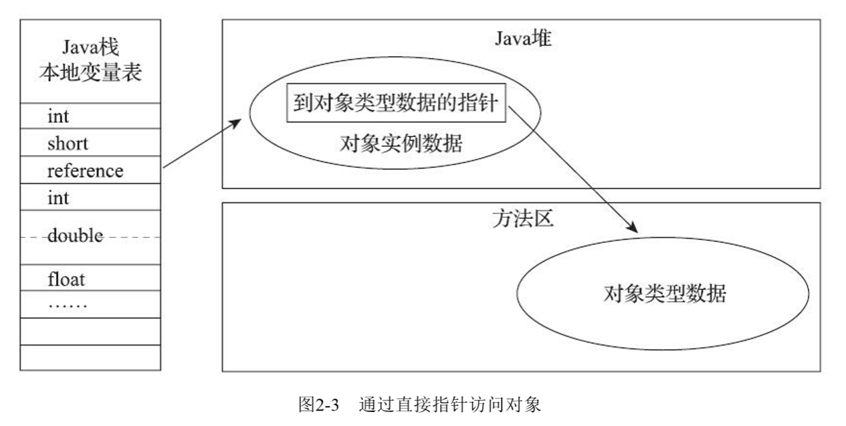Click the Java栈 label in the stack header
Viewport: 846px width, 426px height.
(x=90, y=48)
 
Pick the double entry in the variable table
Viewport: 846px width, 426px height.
(x=75, y=236)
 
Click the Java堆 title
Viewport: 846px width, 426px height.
(x=523, y=39)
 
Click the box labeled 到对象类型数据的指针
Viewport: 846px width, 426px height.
(x=396, y=105)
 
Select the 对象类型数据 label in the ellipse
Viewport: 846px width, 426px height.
(x=664, y=294)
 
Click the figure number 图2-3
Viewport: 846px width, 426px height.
(x=320, y=405)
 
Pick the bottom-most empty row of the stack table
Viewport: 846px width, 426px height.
(x=90, y=357)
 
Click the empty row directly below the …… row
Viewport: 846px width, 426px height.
(x=90, y=331)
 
